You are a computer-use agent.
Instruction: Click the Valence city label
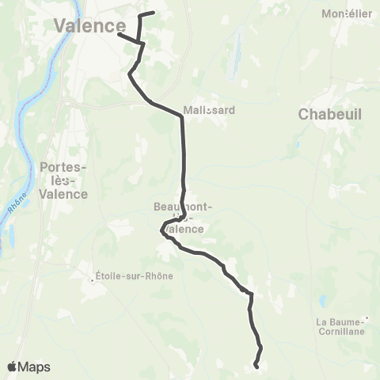click(89, 25)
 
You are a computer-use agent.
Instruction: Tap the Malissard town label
click(208, 110)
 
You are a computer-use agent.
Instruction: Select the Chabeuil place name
click(330, 115)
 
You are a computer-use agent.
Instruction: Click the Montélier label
click(348, 13)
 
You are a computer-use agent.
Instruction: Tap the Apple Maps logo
click(28, 367)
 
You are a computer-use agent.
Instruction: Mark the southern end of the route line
click(256, 366)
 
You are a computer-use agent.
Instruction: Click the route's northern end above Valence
click(152, 13)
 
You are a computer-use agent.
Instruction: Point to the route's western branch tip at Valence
click(118, 33)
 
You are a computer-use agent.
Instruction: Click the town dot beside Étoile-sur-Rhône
click(92, 276)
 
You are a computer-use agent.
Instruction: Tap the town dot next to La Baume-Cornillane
click(367, 321)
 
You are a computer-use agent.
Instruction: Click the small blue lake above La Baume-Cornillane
click(322, 301)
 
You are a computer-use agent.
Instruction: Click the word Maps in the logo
click(35, 367)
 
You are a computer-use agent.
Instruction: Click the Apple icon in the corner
click(13, 366)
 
